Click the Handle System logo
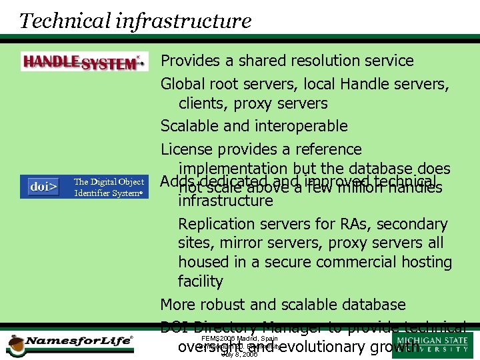[84, 61]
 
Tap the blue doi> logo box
[43, 187]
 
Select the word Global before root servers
[183, 84]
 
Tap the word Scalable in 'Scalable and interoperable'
[188, 126]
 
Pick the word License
[185, 149]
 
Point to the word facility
[200, 281]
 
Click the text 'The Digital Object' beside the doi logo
[109, 181]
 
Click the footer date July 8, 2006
[239, 355]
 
